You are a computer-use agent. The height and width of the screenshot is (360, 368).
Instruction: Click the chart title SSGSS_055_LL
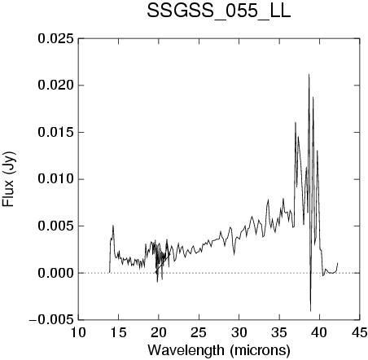point(219,11)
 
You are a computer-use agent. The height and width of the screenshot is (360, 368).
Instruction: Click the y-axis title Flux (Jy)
point(9,179)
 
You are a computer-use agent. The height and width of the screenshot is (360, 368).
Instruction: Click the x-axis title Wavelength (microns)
point(219,350)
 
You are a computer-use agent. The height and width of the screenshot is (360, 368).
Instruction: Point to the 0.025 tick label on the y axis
point(55,38)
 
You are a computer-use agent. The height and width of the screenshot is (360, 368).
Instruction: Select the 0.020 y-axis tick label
point(55,86)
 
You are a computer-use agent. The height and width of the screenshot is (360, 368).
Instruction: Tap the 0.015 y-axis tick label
point(55,132)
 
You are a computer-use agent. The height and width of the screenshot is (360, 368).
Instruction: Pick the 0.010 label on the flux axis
point(55,179)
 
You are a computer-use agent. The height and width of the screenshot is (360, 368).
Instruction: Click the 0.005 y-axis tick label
point(55,226)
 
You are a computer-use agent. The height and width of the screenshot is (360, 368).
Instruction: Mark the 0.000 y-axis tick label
point(55,273)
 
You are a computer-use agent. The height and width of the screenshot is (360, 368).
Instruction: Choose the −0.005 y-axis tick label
point(51,320)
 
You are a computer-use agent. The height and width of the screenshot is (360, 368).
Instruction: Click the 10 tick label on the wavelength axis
point(78,332)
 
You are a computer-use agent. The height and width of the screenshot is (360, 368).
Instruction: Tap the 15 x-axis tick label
point(118,332)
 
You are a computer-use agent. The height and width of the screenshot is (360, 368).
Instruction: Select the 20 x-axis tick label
point(159,332)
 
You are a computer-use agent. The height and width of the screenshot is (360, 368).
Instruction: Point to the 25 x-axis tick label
point(199,332)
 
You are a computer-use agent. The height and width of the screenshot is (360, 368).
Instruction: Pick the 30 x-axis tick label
point(239,332)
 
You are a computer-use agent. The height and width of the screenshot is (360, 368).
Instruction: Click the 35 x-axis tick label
point(279,332)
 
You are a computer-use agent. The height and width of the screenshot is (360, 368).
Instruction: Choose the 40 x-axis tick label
point(319,332)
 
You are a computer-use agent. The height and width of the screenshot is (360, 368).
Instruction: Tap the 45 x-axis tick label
point(360,332)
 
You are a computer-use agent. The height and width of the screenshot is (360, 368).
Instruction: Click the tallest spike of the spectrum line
point(309,74)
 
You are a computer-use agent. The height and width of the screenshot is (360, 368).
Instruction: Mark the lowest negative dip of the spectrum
point(310,310)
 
